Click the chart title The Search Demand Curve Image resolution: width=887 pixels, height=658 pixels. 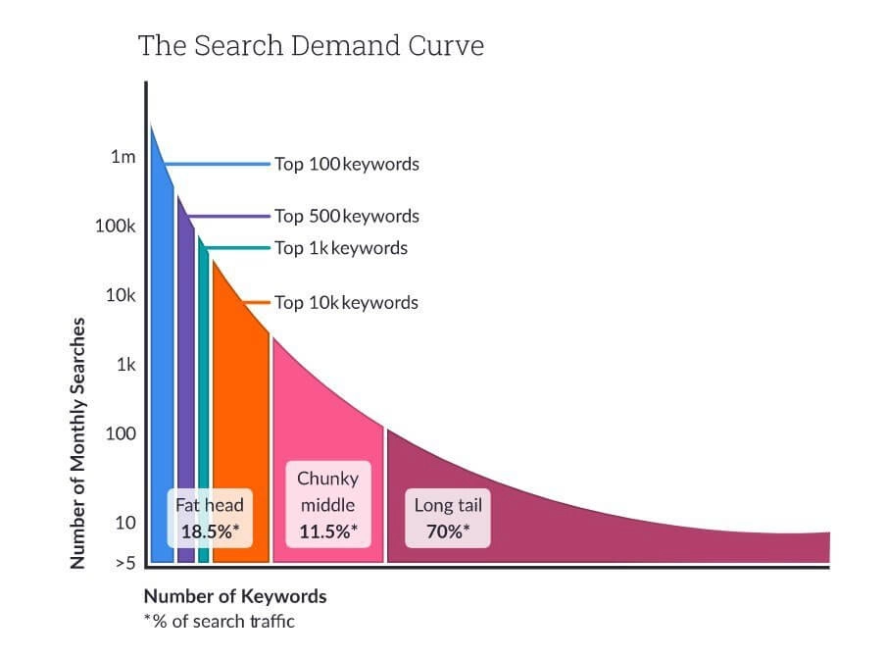pos(311,45)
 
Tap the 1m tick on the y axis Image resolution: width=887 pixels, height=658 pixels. pos(123,157)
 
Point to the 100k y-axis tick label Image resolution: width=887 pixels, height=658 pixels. pos(115,227)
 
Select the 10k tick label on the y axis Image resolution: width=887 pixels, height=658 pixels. pos(120,295)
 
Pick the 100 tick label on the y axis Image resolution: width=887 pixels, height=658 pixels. pos(121,433)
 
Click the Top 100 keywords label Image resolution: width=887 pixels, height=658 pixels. pos(346,164)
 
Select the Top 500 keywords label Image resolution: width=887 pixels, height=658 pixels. pos(346,216)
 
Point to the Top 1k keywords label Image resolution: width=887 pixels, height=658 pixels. pos(340,248)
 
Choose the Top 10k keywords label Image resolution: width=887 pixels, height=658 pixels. pos(346,302)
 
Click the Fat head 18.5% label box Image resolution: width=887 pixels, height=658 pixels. pos(210,518)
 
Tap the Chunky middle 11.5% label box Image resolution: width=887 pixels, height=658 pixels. pos(327,505)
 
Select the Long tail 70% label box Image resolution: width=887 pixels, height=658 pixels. pos(448,518)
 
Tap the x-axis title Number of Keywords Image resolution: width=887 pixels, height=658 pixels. pos(235,596)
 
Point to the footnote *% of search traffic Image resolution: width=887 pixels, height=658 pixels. pos(219,621)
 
